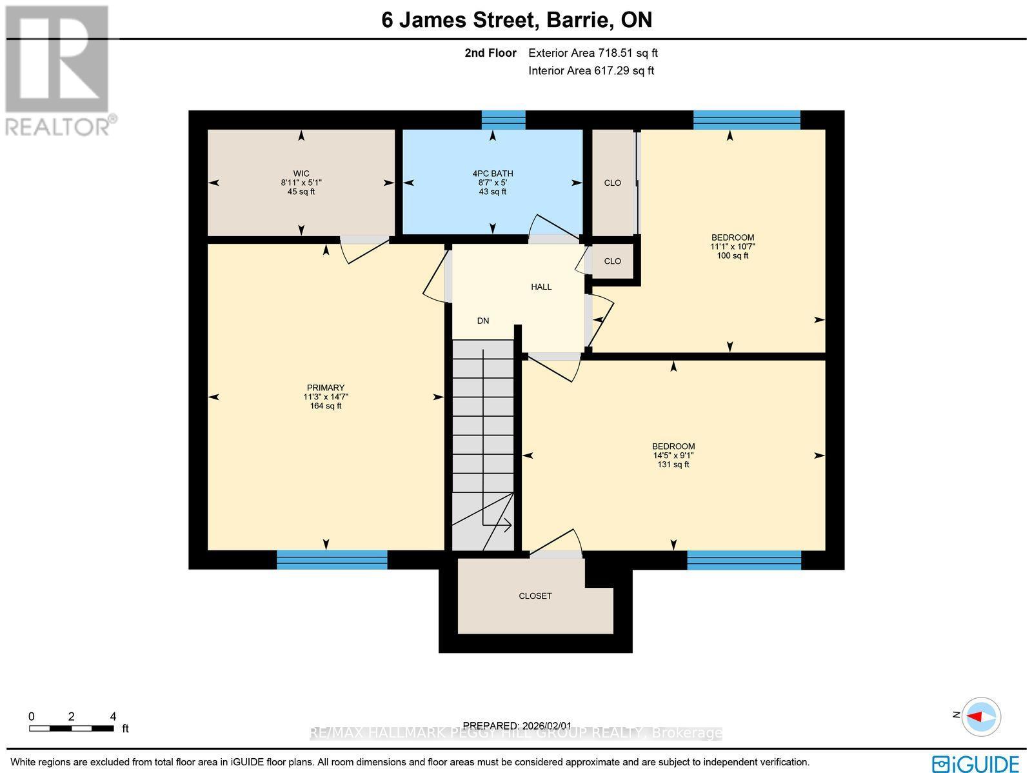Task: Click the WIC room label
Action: pyautogui.click(x=301, y=174)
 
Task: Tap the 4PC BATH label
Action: pyautogui.click(x=493, y=174)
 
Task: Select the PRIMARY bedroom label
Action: pyautogui.click(x=326, y=388)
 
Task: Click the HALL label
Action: pyautogui.click(x=541, y=286)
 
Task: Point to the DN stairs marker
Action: pyautogui.click(x=483, y=321)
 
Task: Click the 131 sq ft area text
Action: pyautogui.click(x=673, y=465)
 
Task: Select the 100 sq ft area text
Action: pyautogui.click(x=733, y=256)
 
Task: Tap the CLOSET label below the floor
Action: pyautogui.click(x=535, y=596)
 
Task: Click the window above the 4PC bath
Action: pyautogui.click(x=504, y=120)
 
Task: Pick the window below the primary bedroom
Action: pyautogui.click(x=332, y=559)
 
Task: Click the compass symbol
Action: pyautogui.click(x=981, y=717)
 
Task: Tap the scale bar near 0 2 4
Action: pyautogui.click(x=72, y=728)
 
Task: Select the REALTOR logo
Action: pyautogui.click(x=59, y=71)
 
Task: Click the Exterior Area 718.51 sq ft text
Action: pyautogui.click(x=593, y=54)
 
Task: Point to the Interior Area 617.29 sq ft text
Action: pyautogui.click(x=591, y=71)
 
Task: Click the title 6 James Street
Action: pyautogui.click(x=460, y=20)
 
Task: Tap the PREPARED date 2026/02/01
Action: pyautogui.click(x=517, y=726)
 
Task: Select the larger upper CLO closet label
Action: pyautogui.click(x=613, y=183)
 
